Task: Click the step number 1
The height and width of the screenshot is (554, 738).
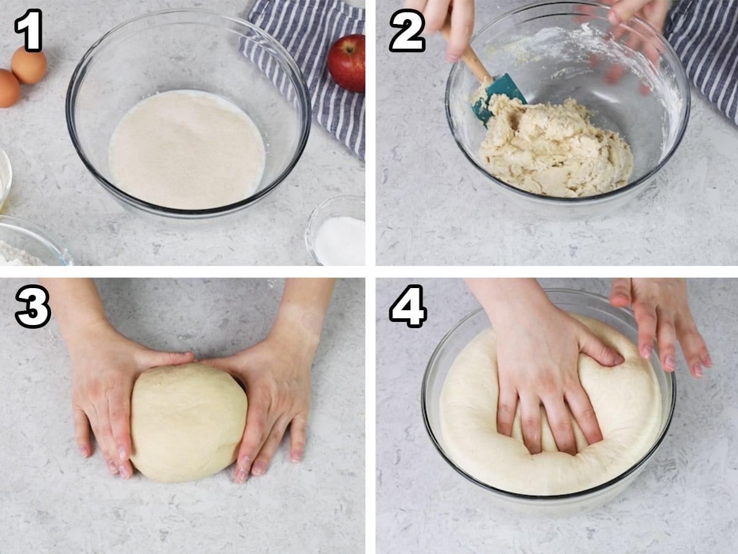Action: coord(28,30)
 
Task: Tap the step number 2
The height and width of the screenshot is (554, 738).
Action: coord(407,30)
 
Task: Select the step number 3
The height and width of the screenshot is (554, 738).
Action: coord(33,306)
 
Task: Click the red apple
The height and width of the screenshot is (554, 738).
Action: coord(347,63)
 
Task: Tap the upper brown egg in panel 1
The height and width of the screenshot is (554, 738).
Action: coord(29,65)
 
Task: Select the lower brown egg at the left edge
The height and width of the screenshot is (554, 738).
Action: coord(9,89)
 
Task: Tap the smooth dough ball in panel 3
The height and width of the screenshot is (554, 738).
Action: coord(189,423)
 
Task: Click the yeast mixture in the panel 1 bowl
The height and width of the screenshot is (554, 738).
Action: coord(187,150)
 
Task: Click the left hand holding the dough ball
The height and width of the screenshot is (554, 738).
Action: coord(111,387)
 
